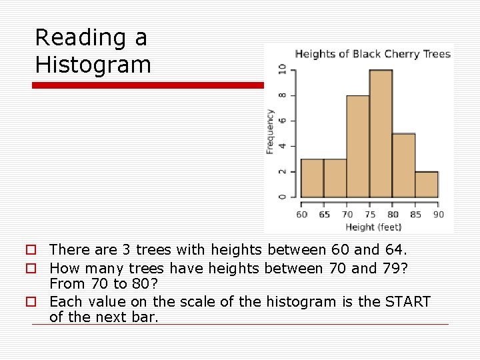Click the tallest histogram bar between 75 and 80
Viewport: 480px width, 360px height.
coord(381,133)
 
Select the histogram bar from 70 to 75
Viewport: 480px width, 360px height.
coord(358,147)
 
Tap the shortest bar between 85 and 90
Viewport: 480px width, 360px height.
coord(426,185)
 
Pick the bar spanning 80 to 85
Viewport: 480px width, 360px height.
coord(403,165)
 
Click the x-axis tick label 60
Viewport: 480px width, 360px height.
coord(302,215)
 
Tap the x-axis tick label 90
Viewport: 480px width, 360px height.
coord(438,215)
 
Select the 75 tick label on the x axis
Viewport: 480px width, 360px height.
coord(370,215)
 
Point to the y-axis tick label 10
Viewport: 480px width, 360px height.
coord(282,69)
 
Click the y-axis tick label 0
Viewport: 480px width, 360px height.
coord(282,197)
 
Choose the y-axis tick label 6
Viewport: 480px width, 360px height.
coord(282,120)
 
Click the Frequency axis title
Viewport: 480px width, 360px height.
coord(271,131)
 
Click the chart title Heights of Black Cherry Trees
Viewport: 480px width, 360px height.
coord(373,54)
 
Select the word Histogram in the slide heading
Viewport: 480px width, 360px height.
coord(93,65)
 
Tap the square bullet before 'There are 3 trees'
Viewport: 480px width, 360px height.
coord(31,250)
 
